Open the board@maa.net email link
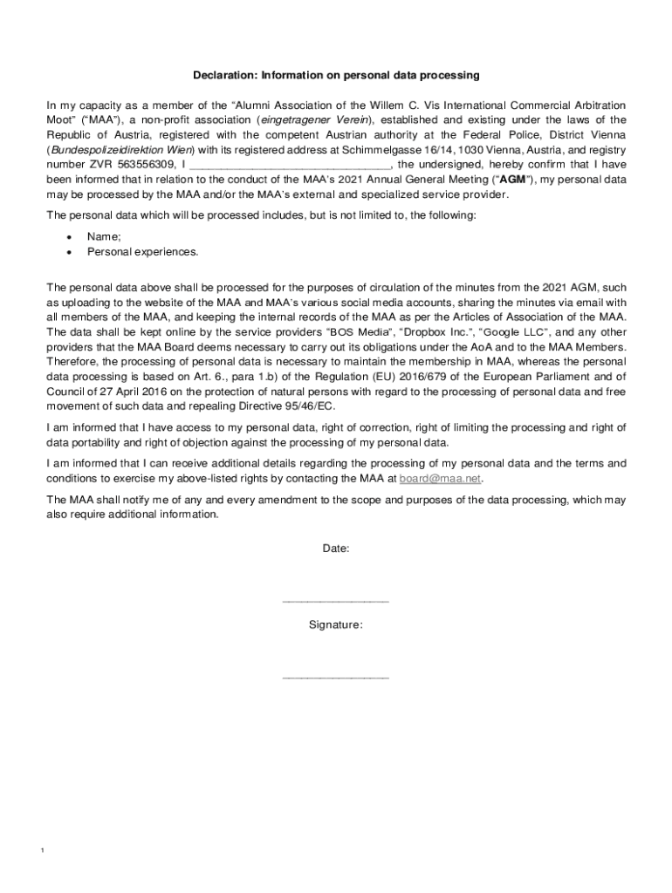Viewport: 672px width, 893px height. point(441,479)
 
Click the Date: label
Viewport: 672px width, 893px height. point(336,549)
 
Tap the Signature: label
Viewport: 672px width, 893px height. point(336,624)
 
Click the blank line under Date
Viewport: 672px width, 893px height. point(336,600)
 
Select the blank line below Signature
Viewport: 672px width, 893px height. point(336,677)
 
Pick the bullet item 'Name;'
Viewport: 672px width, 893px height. point(104,236)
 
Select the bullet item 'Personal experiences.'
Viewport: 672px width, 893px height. point(142,251)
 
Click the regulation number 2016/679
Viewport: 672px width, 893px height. point(422,376)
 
